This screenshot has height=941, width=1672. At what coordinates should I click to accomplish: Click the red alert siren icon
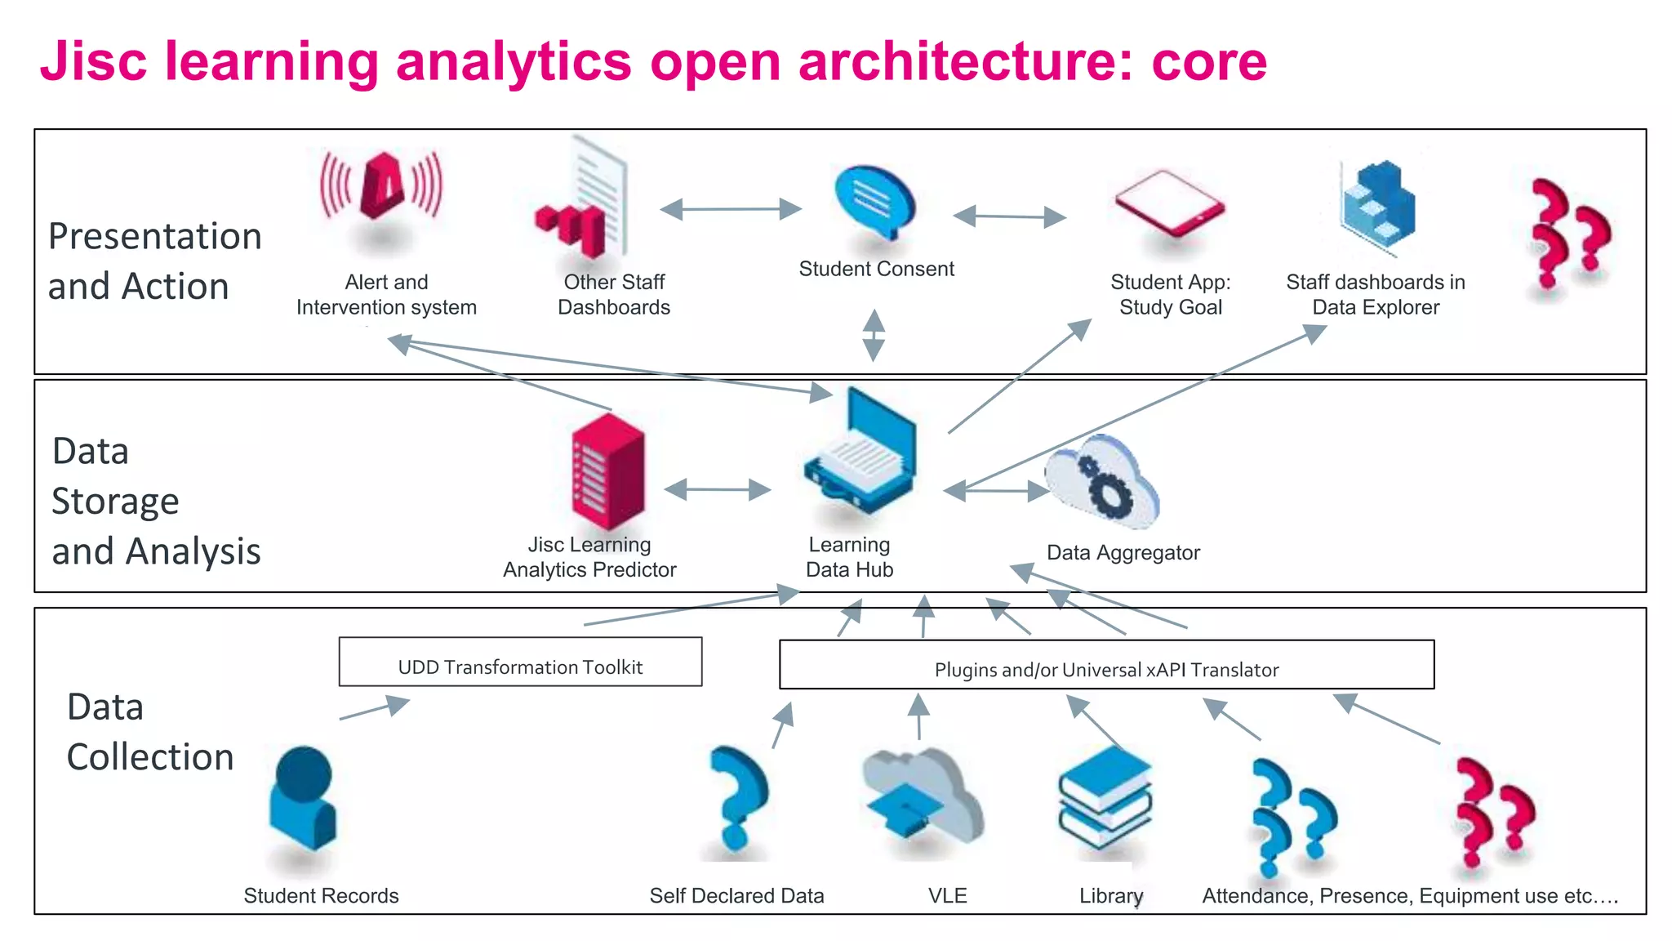[x=382, y=187]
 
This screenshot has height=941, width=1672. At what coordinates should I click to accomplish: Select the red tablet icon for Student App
[x=1169, y=203]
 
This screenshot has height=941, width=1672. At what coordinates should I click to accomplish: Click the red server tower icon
[x=608, y=471]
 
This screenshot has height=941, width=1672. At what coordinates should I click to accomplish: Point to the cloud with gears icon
[x=1101, y=482]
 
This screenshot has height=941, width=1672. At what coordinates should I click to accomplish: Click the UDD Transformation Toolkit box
[x=520, y=662]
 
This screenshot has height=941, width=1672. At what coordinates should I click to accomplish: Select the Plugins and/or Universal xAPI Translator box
[x=1106, y=665]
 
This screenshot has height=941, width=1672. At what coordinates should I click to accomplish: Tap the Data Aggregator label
[x=1123, y=553]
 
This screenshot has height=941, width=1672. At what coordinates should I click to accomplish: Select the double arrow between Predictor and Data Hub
[x=718, y=490]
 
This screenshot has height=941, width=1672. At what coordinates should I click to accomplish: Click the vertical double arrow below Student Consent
[x=874, y=335]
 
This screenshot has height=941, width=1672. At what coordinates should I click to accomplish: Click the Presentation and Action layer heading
[x=154, y=261]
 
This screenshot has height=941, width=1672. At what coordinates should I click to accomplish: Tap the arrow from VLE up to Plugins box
[x=919, y=717]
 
